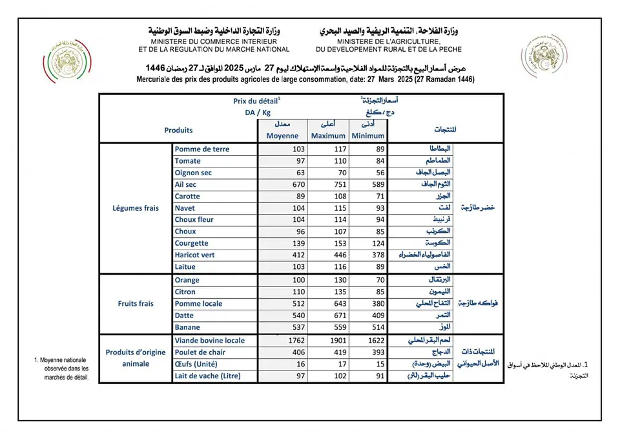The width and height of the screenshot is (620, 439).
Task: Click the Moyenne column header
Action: (282, 136)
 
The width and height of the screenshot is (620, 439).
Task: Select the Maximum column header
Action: (328, 136)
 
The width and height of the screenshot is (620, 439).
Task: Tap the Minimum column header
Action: (369, 136)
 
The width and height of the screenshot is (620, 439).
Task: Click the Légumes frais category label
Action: (136, 208)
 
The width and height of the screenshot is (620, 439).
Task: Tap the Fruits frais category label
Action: (136, 303)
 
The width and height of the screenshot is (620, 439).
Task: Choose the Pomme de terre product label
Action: (202, 149)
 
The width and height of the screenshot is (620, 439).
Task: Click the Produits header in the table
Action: (178, 130)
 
